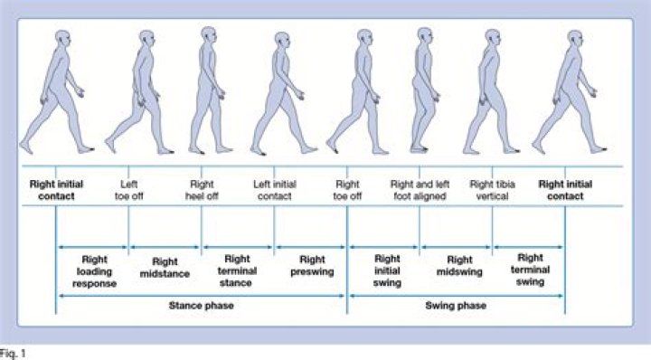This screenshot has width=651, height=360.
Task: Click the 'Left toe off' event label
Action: click(129, 190)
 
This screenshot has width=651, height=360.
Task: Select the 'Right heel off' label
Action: click(202, 190)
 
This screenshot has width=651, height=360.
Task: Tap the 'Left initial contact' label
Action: click(274, 190)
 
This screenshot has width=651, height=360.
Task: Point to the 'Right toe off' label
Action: click(347, 190)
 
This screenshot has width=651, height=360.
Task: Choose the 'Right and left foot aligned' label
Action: click(420, 190)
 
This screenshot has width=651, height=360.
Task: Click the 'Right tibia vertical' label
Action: click(493, 190)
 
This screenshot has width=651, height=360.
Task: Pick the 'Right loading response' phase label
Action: click(94, 269)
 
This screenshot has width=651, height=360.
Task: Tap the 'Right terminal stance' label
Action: click(238, 269)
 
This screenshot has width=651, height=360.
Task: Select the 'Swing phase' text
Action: click(456, 306)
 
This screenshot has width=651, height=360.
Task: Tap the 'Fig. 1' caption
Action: click(14, 353)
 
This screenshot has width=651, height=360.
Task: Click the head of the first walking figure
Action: click(61, 39)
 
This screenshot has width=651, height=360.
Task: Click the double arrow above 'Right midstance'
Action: click(165, 246)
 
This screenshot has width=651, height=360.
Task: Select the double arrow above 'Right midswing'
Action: click(457, 246)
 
